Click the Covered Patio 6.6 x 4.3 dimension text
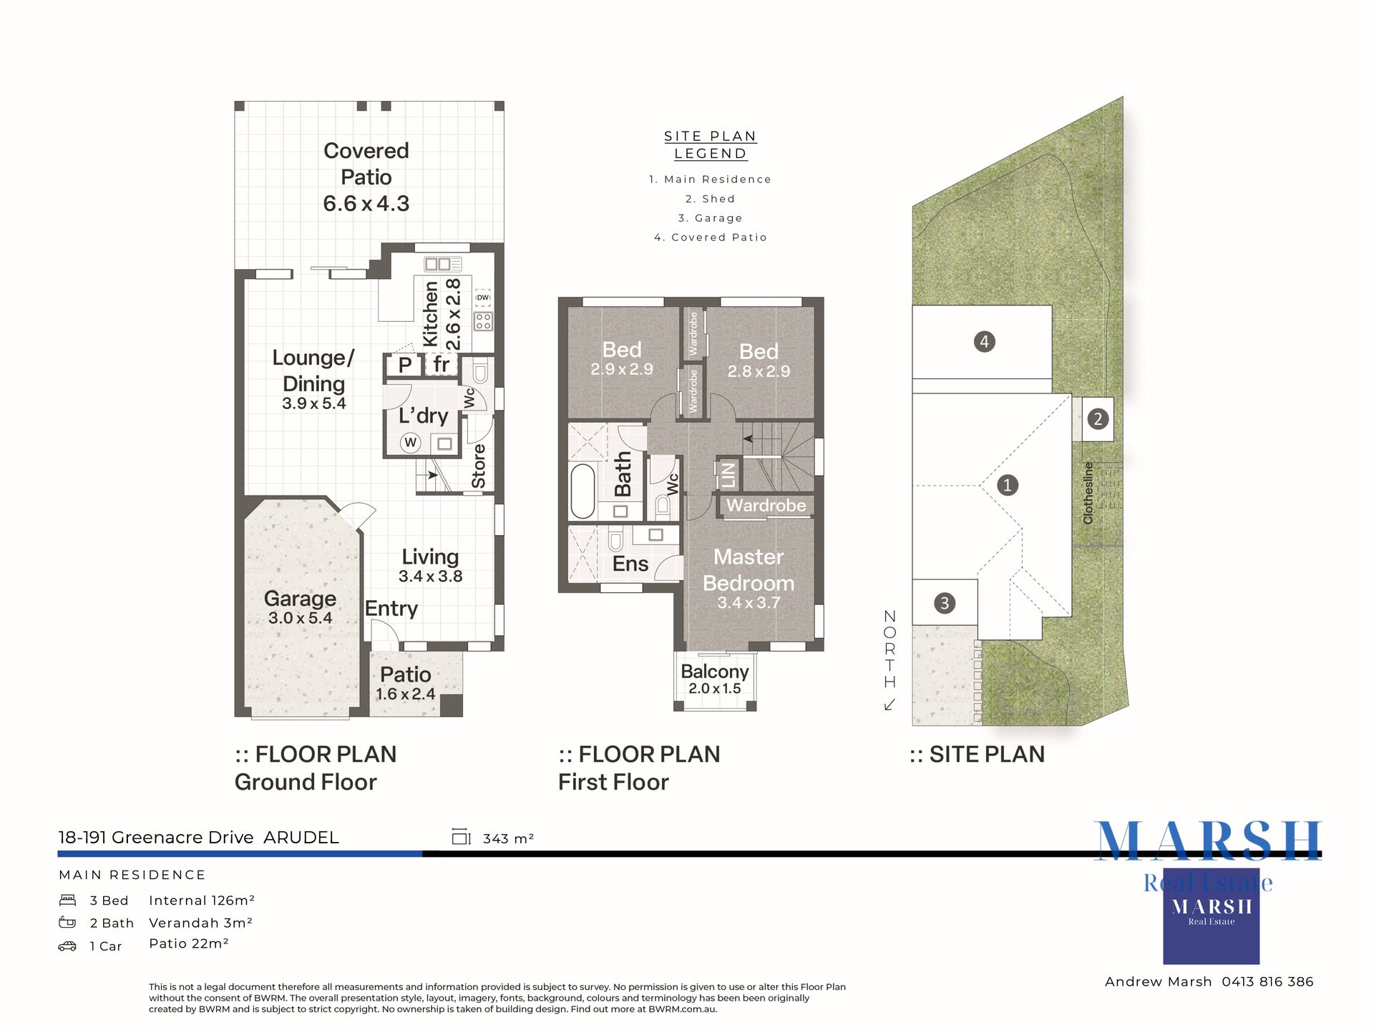[366, 204]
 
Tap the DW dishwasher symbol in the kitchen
[483, 298]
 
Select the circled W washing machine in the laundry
[410, 443]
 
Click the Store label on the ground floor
[479, 466]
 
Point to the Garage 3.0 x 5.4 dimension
[300, 618]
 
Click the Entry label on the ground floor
[391, 609]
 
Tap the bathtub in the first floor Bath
[583, 491]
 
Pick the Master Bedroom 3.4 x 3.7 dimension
[749, 603]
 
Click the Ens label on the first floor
[630, 564]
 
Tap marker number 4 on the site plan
[985, 342]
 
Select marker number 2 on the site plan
[1098, 419]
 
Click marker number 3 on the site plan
[945, 604]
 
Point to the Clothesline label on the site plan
[1088, 493]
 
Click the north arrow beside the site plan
[890, 705]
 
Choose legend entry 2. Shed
[710, 199]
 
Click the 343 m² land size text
[508, 838]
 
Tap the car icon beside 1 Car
[67, 946]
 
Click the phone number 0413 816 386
[1267, 982]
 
